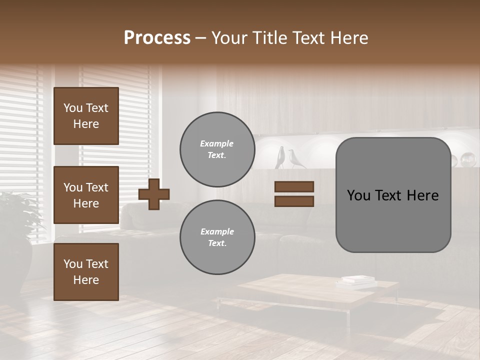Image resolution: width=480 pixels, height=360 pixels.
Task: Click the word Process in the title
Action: tap(157, 38)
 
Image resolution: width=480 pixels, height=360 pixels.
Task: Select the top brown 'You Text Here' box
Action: tap(86, 116)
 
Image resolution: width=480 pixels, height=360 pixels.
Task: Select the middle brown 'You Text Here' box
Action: tap(86, 195)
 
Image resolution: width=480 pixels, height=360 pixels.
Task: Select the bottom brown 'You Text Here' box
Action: tap(86, 271)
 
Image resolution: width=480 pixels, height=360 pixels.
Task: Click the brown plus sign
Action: tap(154, 194)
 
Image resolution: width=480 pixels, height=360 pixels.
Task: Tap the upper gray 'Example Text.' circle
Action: tap(217, 149)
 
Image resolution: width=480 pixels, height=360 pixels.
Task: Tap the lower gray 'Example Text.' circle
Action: tap(217, 237)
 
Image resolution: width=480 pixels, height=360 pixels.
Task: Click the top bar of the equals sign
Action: tap(294, 186)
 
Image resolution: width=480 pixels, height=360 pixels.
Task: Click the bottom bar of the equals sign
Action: tap(294, 201)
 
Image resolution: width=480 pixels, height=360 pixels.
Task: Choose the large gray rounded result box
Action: tap(393, 220)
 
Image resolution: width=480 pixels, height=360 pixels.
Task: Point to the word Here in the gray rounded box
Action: tap(423, 195)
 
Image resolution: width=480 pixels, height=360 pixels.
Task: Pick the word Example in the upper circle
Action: tap(217, 143)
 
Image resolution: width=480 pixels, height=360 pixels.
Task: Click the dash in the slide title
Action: tap(200, 38)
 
